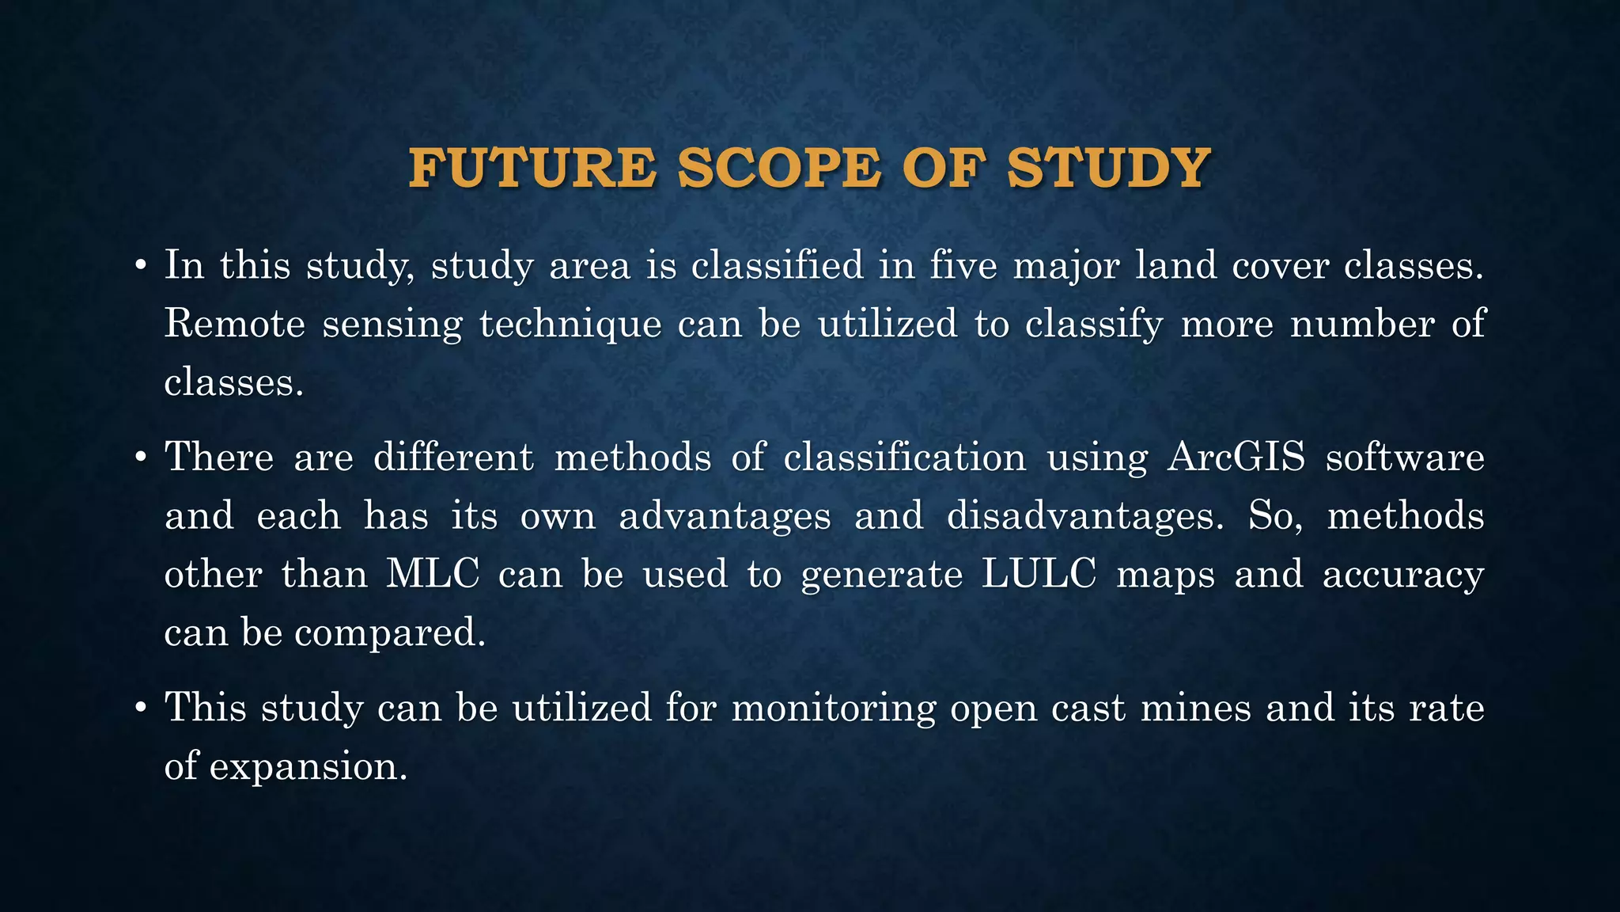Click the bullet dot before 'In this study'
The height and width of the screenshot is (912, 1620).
140,266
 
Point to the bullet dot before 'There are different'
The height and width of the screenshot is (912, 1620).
140,458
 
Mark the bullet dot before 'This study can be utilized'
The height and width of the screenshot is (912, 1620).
140,709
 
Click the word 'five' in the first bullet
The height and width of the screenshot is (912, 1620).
962,265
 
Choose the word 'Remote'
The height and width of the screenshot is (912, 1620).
234,324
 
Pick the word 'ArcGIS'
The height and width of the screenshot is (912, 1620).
1236,458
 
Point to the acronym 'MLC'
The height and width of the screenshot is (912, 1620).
433,574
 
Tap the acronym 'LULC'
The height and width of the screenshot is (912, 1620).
1039,574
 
